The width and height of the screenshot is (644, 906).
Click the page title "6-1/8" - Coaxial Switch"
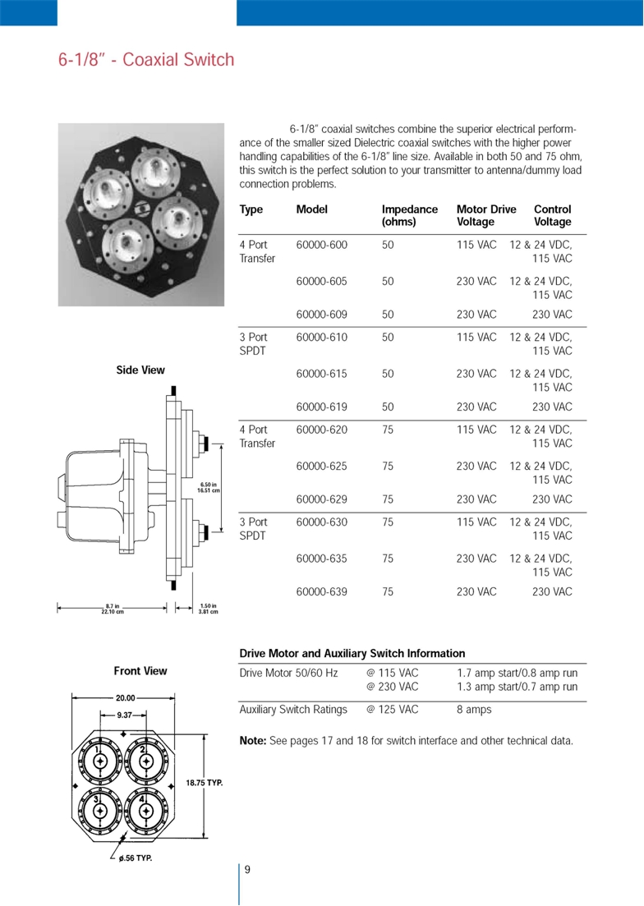[x=146, y=60]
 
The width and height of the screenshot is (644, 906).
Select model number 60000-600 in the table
[x=322, y=246]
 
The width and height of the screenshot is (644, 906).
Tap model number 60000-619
[x=322, y=407]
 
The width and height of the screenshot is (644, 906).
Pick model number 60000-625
[x=322, y=466]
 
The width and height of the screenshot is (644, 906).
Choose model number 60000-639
[x=322, y=591]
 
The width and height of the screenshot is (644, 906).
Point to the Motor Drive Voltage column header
[x=486, y=215]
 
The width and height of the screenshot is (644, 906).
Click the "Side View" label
[x=140, y=370]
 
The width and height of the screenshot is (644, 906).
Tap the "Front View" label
[x=140, y=671]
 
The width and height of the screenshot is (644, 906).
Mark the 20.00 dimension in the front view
[x=125, y=698]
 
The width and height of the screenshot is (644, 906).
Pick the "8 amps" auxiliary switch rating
[x=474, y=709]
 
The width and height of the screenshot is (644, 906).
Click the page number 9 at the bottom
[x=247, y=871]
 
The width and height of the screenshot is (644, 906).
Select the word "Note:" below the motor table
[x=252, y=741]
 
